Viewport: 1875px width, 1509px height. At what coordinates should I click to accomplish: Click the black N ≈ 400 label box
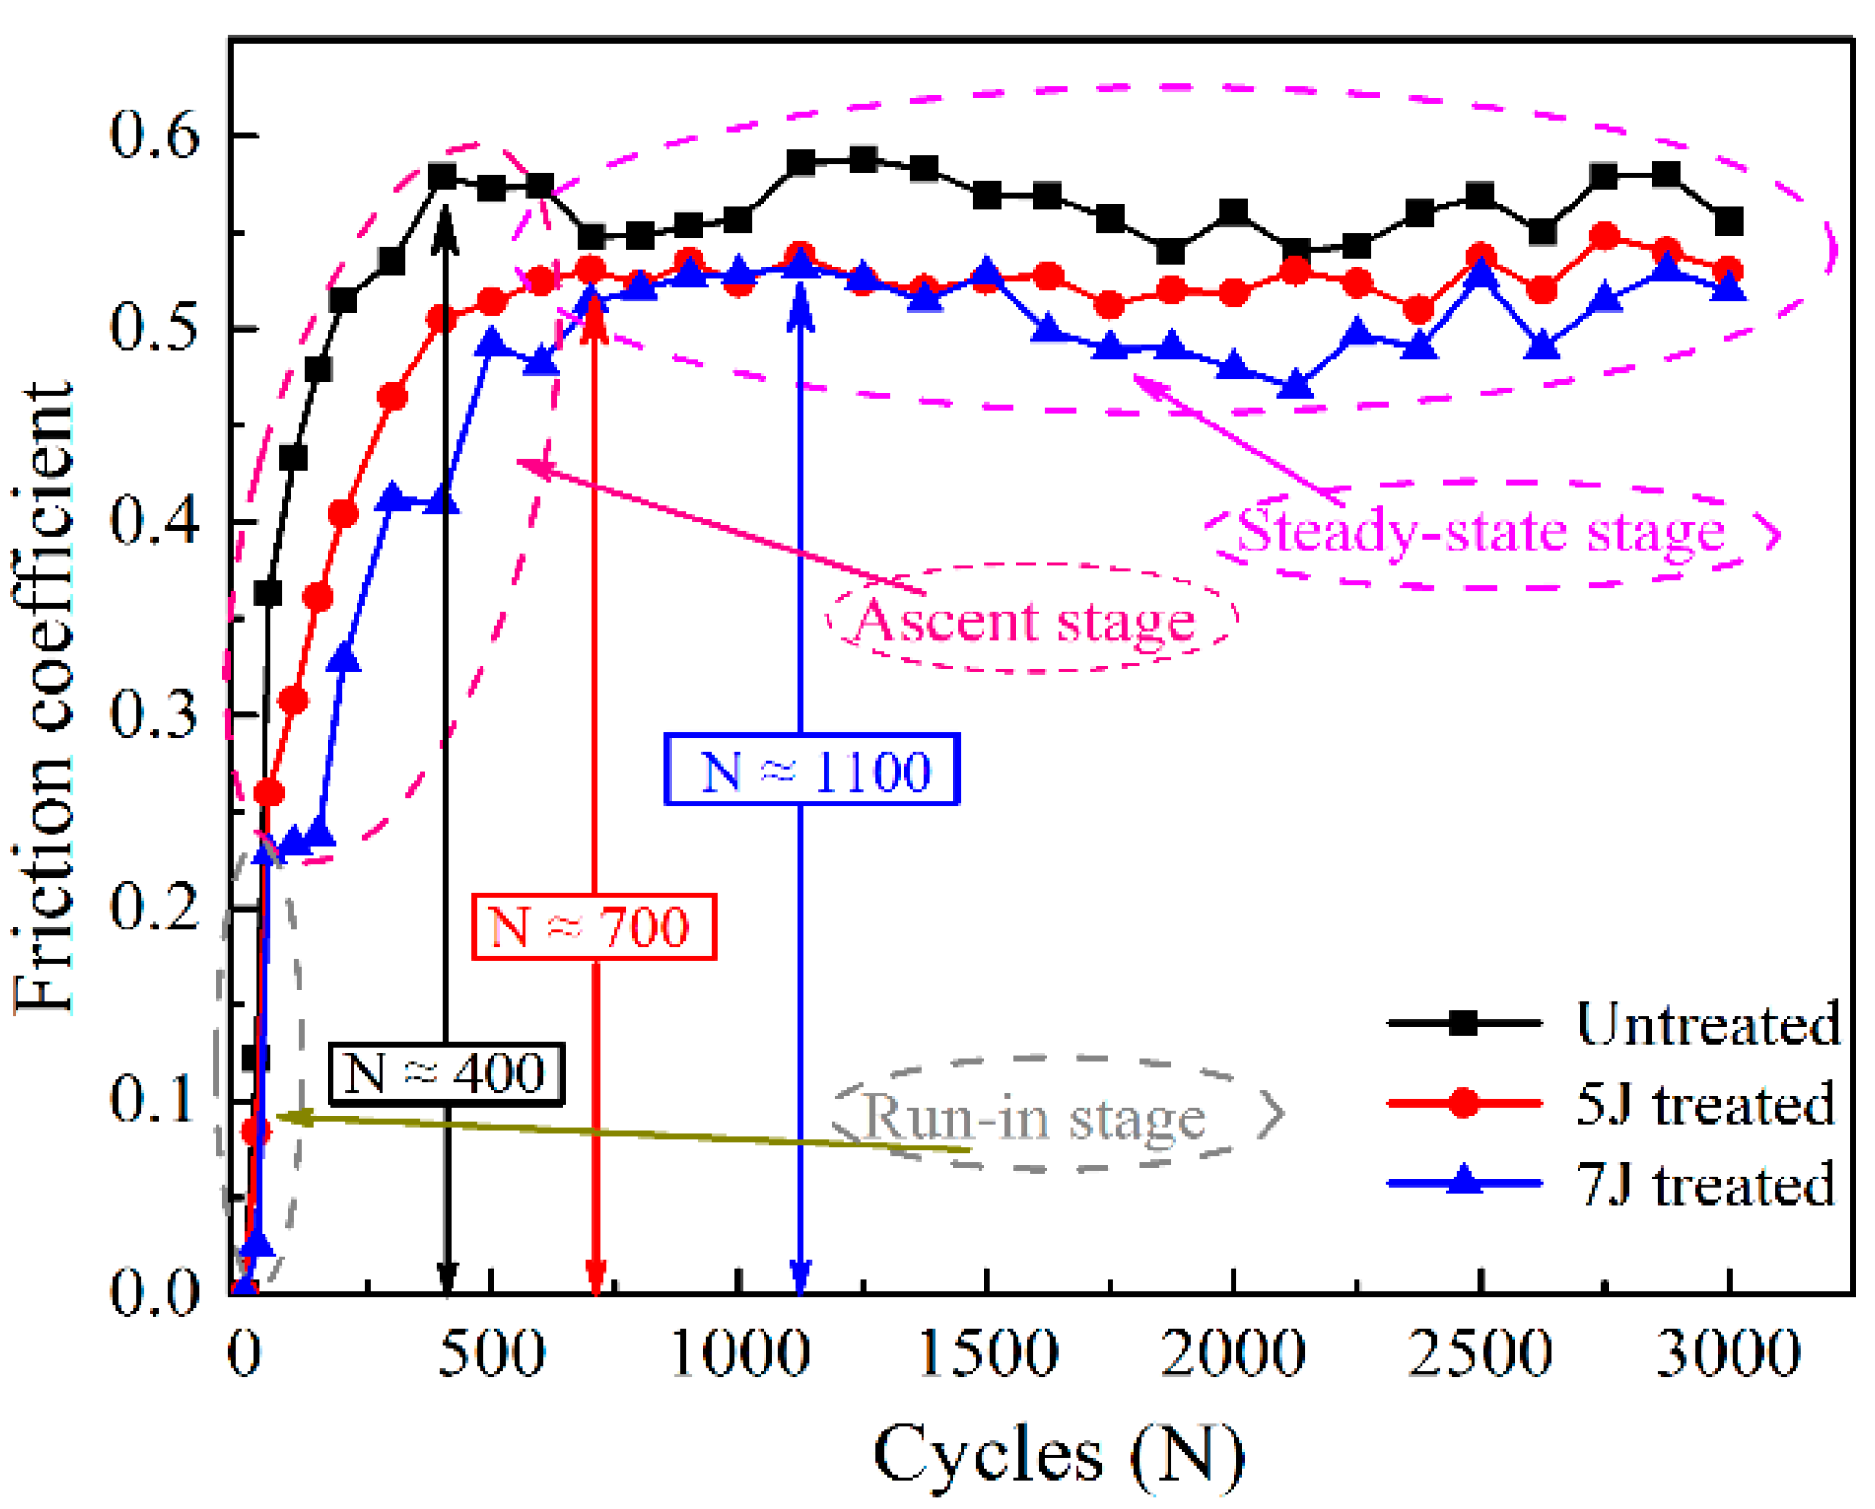[x=445, y=1073]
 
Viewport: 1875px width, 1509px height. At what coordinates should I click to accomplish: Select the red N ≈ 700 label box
[x=592, y=927]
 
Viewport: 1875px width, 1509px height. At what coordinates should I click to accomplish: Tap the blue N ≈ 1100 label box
[x=811, y=770]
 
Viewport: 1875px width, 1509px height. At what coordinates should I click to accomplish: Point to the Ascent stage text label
[x=1023, y=620]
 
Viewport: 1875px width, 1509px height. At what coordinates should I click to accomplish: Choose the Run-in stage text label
[x=1033, y=1116]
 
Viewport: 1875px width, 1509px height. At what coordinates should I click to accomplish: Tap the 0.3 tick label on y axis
[x=154, y=714]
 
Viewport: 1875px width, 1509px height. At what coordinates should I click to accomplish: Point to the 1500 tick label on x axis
[x=985, y=1353]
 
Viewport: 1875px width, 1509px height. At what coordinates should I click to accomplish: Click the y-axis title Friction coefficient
[x=44, y=698]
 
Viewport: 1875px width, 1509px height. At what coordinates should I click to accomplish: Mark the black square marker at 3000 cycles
[x=1728, y=222]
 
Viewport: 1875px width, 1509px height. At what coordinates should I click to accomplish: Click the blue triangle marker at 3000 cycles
[x=1728, y=288]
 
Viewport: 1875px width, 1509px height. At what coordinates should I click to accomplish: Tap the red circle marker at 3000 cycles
[x=1728, y=270]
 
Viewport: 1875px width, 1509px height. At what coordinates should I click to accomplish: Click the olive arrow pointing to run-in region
[x=620, y=1132]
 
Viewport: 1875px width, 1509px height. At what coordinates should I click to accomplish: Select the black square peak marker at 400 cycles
[x=443, y=176]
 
